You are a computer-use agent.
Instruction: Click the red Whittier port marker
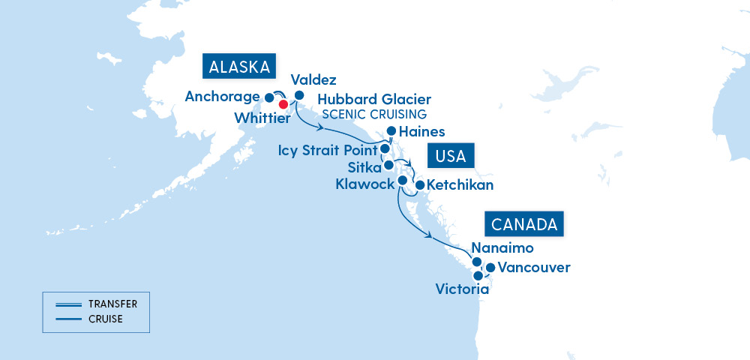pyautogui.click(x=283, y=104)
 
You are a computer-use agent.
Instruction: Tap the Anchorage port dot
pyautogui.click(x=270, y=97)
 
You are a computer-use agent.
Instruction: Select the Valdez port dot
pyautogui.click(x=299, y=95)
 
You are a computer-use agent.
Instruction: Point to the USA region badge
pyautogui.click(x=451, y=157)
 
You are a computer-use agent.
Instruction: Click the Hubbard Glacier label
pyautogui.click(x=374, y=100)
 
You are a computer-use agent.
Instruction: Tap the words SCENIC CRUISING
pyautogui.click(x=374, y=114)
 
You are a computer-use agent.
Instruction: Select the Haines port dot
pyautogui.click(x=391, y=130)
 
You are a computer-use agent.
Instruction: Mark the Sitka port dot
pyautogui.click(x=388, y=165)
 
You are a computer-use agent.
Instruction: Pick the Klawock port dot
pyautogui.click(x=402, y=181)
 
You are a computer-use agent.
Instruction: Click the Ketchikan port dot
pyautogui.click(x=420, y=184)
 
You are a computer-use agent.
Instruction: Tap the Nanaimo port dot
pyautogui.click(x=476, y=262)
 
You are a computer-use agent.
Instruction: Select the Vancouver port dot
pyautogui.click(x=490, y=267)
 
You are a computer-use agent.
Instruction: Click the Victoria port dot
pyautogui.click(x=478, y=276)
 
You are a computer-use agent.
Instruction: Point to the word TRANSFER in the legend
pyautogui.click(x=112, y=304)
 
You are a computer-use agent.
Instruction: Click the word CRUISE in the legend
pyautogui.click(x=106, y=319)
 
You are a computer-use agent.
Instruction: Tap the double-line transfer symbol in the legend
pyautogui.click(x=67, y=304)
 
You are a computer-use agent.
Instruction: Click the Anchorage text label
pyautogui.click(x=222, y=97)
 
